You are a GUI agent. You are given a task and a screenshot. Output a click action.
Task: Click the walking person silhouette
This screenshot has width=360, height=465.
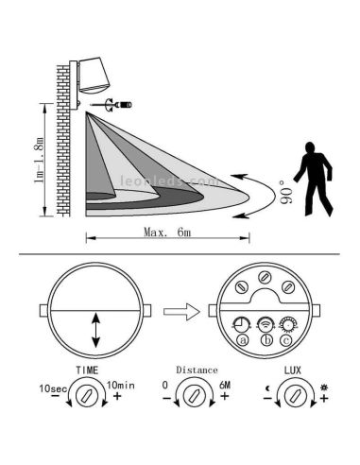coord(314,179)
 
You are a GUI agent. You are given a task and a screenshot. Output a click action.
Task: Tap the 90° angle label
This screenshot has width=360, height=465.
coord(286,192)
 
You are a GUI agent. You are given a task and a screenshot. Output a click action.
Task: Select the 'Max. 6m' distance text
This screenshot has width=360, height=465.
coord(167,232)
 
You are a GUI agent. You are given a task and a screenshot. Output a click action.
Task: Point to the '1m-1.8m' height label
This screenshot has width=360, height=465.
coord(40,160)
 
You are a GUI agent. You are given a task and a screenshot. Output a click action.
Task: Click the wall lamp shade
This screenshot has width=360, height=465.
coord(94,76)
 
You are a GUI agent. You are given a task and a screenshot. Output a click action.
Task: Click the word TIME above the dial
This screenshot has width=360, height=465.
coord(87,370)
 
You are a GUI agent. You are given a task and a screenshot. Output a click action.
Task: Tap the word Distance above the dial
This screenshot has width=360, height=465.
coord(197,370)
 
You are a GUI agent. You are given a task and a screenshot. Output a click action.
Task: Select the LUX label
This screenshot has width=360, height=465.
coord(293,370)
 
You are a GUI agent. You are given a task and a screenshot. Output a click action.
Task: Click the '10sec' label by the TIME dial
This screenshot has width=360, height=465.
coord(53,388)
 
